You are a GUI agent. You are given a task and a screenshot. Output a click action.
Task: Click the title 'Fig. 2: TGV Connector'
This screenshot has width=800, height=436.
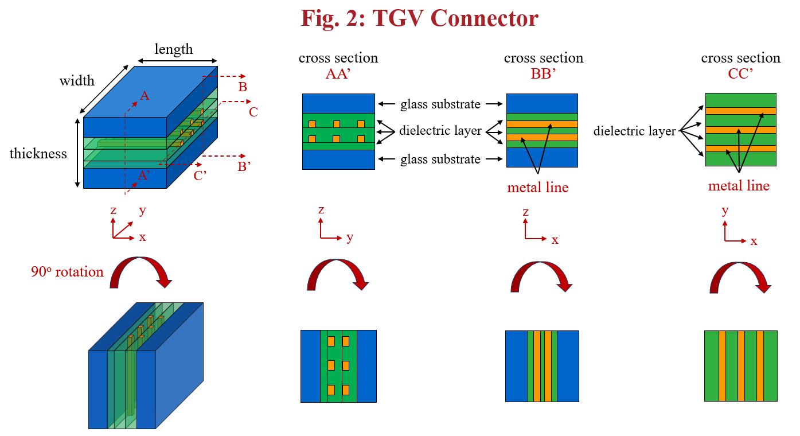(x=419, y=18)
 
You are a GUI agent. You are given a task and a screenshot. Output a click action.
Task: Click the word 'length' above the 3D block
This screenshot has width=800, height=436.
(x=174, y=49)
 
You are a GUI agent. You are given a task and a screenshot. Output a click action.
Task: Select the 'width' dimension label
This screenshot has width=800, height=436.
(x=77, y=81)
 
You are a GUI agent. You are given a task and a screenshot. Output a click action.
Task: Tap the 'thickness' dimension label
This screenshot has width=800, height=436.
(x=38, y=154)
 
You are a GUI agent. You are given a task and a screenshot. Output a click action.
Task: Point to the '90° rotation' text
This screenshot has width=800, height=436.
(x=68, y=272)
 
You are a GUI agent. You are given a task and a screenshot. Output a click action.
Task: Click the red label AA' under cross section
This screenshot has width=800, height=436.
(x=338, y=72)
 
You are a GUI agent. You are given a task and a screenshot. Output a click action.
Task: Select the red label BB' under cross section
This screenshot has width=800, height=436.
(x=544, y=72)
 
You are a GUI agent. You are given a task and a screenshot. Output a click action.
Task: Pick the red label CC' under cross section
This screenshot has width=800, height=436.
(x=740, y=72)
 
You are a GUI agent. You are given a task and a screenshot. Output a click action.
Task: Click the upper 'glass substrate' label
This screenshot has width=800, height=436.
(x=440, y=104)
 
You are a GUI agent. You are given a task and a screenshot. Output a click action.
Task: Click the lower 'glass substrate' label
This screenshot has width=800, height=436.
(x=440, y=159)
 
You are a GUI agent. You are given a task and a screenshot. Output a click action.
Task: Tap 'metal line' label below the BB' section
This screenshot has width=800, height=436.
(x=538, y=187)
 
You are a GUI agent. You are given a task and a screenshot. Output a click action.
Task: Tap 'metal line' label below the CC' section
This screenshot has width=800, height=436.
(x=739, y=186)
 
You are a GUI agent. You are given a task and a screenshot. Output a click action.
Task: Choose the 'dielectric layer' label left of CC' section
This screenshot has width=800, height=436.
(x=634, y=131)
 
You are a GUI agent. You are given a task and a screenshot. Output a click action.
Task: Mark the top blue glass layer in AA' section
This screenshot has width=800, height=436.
(x=338, y=103)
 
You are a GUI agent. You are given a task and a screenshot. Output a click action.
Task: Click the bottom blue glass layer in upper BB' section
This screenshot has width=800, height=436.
(x=542, y=158)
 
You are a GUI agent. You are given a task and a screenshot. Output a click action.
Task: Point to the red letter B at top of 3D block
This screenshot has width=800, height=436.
(x=243, y=87)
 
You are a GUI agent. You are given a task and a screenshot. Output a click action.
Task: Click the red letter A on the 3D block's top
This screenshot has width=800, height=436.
(x=145, y=96)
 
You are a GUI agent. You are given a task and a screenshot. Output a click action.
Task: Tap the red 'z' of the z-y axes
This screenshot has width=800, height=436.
(x=321, y=210)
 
